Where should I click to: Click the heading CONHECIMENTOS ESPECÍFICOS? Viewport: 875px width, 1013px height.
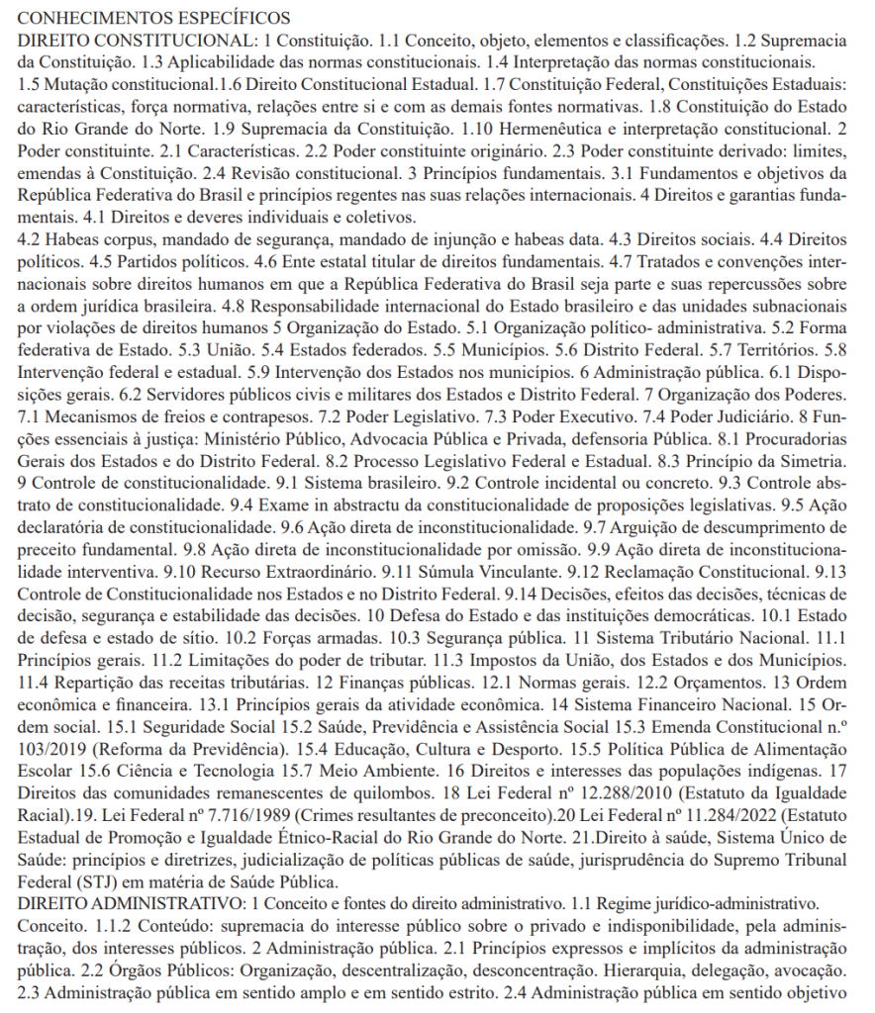(x=154, y=18)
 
